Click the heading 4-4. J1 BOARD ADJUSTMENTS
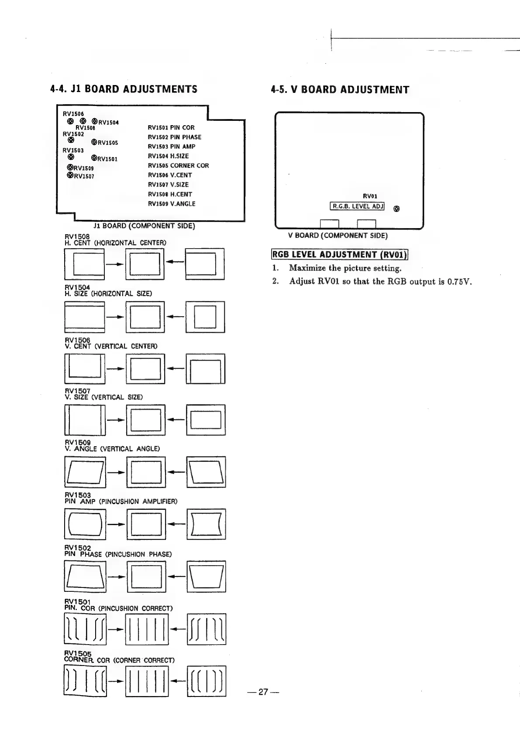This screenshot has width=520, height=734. click(124, 89)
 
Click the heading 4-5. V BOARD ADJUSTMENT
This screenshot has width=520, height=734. click(340, 90)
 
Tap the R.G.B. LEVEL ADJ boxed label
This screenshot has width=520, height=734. click(357, 206)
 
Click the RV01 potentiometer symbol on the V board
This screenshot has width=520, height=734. click(396, 209)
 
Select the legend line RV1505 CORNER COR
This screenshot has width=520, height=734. click(178, 166)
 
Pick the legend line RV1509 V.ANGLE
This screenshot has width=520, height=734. click(172, 204)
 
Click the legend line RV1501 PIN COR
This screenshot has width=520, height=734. click(171, 128)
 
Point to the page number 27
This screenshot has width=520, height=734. click(262, 692)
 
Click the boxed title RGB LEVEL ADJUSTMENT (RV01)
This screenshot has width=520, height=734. click(340, 255)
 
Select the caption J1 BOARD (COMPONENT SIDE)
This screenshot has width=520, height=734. click(144, 226)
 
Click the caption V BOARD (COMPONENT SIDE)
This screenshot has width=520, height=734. click(337, 236)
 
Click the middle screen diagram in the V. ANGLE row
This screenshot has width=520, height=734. click(146, 472)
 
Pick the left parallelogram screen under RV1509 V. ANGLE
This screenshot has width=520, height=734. click(85, 472)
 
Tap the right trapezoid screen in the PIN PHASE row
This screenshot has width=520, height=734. click(207, 577)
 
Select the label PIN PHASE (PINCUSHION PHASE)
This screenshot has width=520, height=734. click(118, 554)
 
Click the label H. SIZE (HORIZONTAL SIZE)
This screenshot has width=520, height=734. click(108, 294)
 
